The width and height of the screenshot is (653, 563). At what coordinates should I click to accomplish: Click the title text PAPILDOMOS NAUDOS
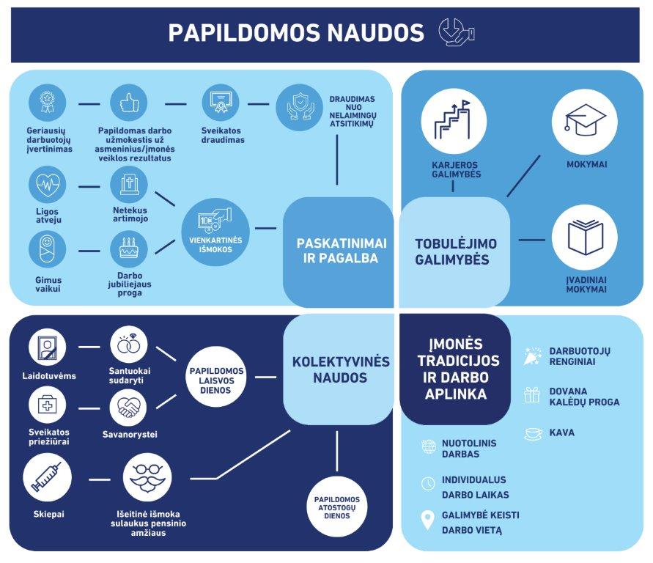[x=296, y=33]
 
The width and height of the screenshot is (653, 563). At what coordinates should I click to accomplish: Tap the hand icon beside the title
[x=456, y=33]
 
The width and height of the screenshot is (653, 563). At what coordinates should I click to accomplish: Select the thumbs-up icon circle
[x=129, y=103]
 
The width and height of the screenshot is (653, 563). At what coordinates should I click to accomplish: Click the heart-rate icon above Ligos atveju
[x=48, y=185]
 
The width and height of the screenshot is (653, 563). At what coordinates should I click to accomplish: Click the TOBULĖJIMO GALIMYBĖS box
[x=452, y=251]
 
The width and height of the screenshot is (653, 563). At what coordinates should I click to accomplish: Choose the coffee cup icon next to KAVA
[x=533, y=433]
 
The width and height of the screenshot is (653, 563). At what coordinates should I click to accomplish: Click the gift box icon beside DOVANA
[x=532, y=396]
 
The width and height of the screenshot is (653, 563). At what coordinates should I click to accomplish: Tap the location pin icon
[x=428, y=520]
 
